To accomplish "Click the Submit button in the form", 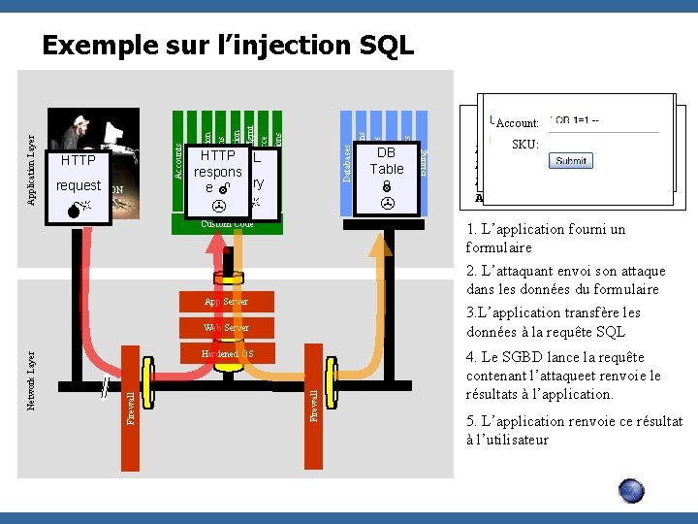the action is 570,161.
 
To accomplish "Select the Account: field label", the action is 518,123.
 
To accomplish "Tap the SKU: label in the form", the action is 524,145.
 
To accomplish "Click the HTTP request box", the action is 78,172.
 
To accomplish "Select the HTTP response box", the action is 221,171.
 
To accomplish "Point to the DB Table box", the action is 387,160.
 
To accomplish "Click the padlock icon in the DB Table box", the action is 386,187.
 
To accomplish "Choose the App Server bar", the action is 226,302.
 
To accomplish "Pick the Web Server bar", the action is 226,328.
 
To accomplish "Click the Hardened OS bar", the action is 226,353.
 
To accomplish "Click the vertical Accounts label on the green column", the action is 178,161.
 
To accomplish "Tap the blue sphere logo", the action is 631,490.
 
